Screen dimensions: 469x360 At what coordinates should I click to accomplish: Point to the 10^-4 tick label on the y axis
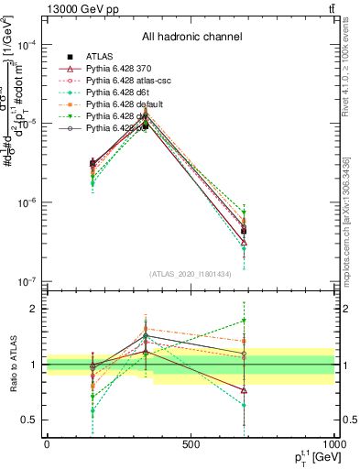pyautogui.click(x=27, y=45)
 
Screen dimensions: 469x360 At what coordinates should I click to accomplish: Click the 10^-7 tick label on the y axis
pyautogui.click(x=27, y=281)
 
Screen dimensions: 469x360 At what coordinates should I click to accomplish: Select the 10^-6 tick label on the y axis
pyautogui.click(x=27, y=202)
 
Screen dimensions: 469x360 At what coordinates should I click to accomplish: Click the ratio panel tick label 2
pyautogui.click(x=35, y=309)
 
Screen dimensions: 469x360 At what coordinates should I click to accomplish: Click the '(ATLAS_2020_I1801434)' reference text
pyautogui.click(x=191, y=274)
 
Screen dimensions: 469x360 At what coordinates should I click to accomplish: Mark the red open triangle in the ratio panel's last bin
pyautogui.click(x=244, y=390)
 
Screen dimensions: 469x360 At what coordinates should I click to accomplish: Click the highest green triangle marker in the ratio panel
pyautogui.click(x=244, y=321)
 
